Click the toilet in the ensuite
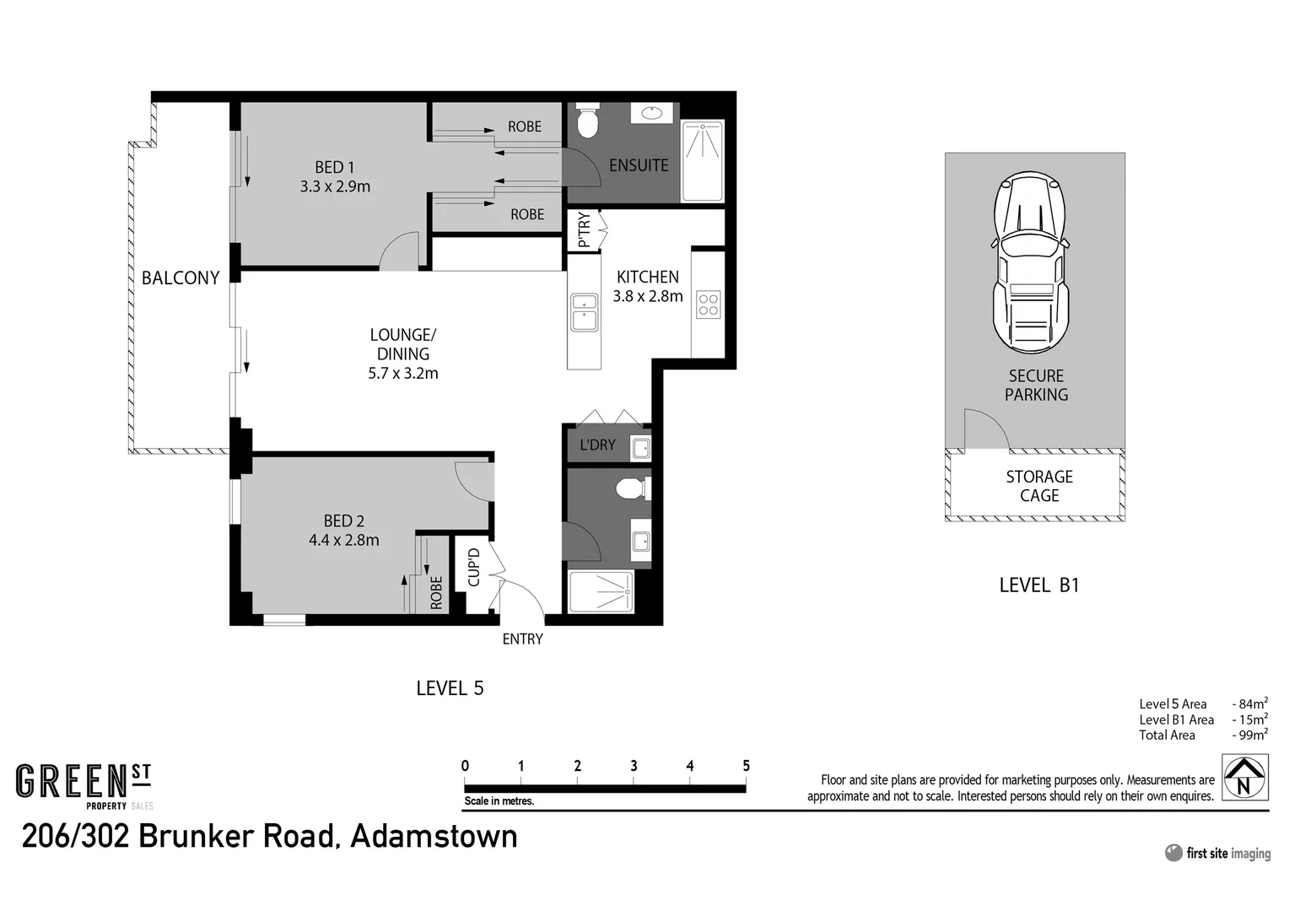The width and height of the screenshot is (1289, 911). pos(588,123)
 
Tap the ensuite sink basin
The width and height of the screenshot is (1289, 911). pos(650,112)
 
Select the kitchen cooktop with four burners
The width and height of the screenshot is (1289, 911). pos(708,305)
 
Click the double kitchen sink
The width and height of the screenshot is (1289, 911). pos(584,311)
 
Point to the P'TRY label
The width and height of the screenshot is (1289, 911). pos(584,230)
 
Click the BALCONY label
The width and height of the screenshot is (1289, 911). pos(180,278)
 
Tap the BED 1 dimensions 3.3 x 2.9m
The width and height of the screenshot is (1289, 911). pos(335,186)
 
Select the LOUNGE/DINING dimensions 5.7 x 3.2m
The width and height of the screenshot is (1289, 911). pos(402,373)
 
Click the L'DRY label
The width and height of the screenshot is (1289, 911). pos(597,445)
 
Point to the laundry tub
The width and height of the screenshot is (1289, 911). pos(641,448)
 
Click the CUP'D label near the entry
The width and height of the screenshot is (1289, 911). pos(473,567)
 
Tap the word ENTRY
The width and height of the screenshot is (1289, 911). pos(522,639)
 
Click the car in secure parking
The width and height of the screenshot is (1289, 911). pos(1029,261)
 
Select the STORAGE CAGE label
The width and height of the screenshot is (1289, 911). pos(1039,486)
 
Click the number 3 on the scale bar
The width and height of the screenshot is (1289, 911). pos(634,766)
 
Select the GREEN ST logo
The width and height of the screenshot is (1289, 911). pos(84,784)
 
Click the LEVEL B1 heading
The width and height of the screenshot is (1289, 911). pos(1038,585)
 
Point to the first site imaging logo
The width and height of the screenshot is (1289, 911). pos(1217,853)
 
